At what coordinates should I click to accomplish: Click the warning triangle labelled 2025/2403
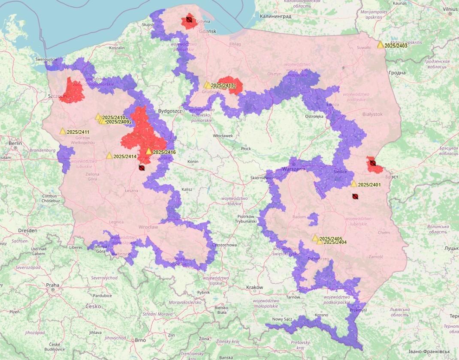tap(380, 45)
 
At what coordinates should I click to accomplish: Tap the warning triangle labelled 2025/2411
tap(63, 131)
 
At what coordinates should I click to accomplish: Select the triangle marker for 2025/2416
tap(149, 151)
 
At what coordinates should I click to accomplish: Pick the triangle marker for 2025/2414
tap(109, 156)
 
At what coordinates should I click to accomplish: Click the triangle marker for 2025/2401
tap(354, 184)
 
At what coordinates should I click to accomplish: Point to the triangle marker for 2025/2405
tap(315, 238)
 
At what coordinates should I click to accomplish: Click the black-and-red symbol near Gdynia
tap(189, 20)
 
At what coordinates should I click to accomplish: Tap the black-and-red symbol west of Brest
tap(373, 163)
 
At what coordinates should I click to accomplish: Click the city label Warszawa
tap(293, 169)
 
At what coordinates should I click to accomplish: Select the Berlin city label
tap(15, 143)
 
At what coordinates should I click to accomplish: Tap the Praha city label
tap(53, 285)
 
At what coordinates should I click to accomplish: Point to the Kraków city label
tap(255, 287)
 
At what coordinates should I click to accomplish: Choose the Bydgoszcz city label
tap(171, 111)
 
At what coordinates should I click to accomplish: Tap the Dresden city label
tap(27, 231)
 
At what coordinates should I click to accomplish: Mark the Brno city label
tap(140, 340)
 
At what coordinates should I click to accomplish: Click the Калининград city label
tap(275, 16)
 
